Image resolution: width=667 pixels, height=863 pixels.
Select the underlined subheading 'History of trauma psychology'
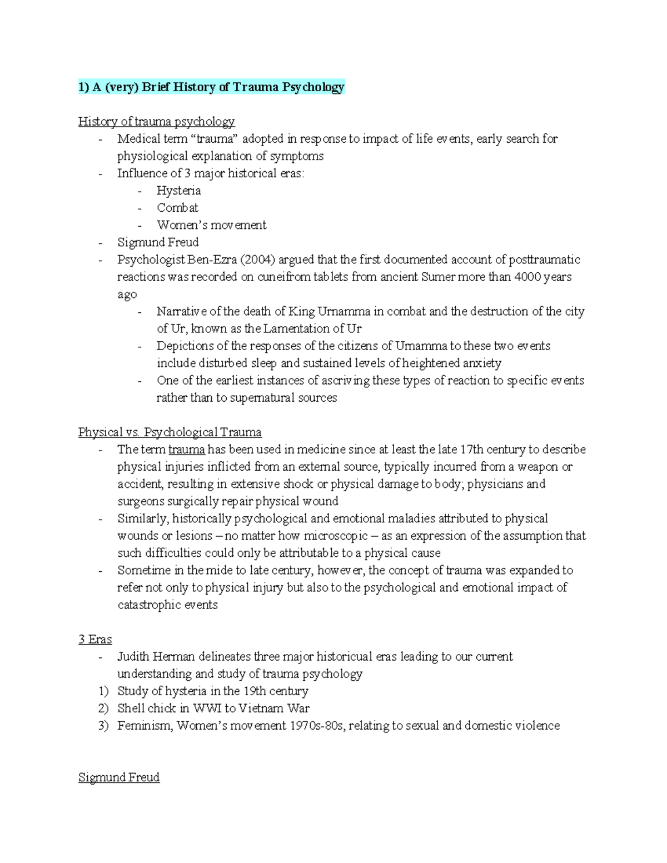point(156,121)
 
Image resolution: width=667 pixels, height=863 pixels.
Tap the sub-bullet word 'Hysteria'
point(178,191)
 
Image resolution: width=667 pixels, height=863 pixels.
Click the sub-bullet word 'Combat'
point(177,208)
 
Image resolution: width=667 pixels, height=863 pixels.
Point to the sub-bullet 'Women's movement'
point(211,225)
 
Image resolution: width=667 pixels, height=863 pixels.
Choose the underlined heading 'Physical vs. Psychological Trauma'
point(170,432)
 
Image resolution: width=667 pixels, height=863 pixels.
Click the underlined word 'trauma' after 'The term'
point(186,450)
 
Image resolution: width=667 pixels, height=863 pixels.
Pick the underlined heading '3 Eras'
point(95,639)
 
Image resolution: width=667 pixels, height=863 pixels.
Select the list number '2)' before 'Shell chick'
point(103,709)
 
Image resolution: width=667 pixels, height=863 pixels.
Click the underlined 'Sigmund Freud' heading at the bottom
point(119,777)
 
